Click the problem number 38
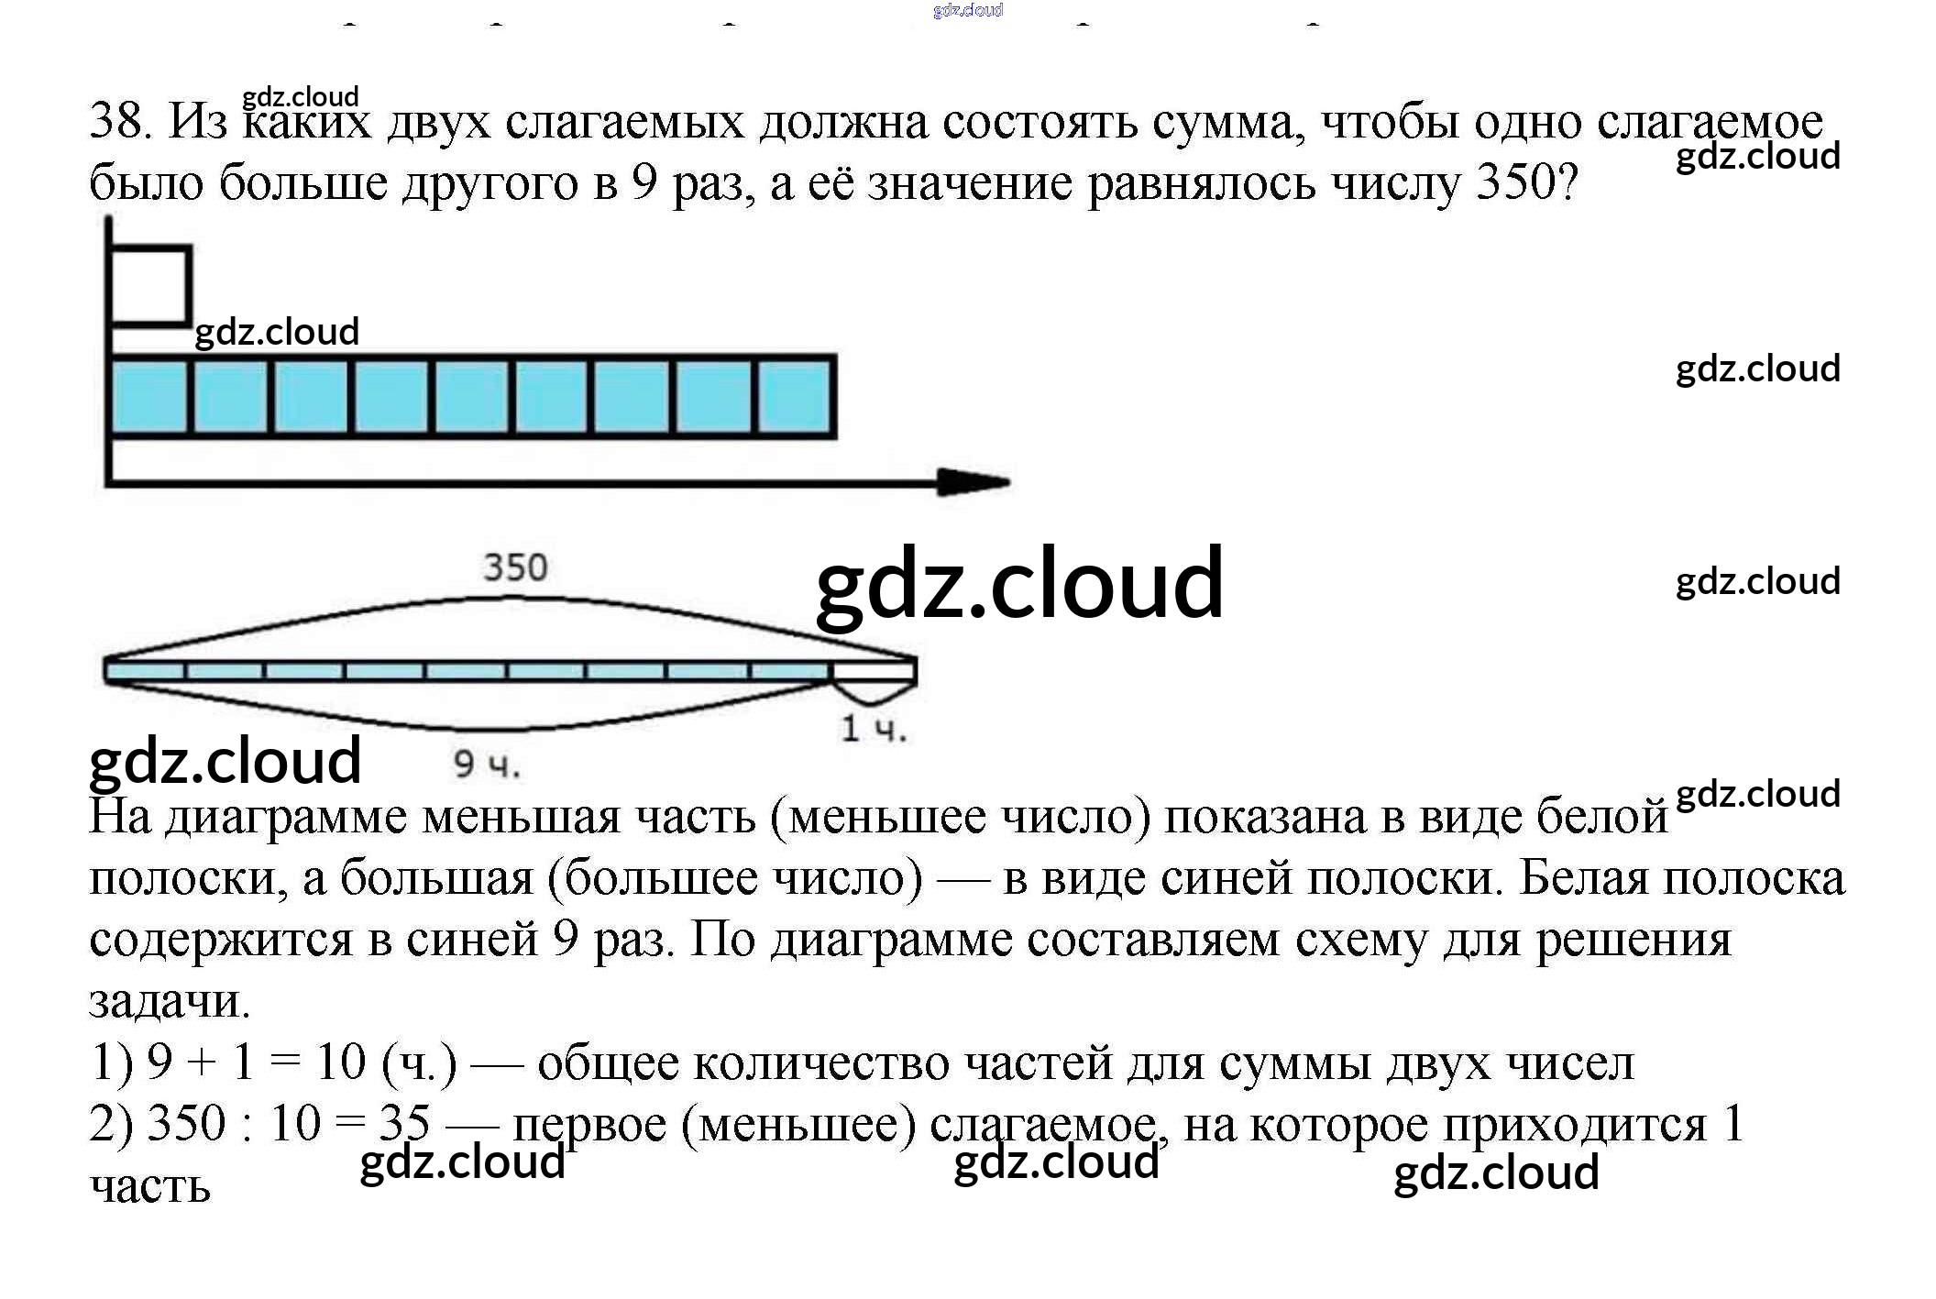pos(119,122)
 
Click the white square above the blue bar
pos(149,285)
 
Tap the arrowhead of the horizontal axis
pos(972,481)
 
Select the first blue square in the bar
pos(149,396)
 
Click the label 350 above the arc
pos(515,567)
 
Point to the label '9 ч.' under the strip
pos(487,764)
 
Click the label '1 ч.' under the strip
pos(874,729)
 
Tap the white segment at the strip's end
pos(874,671)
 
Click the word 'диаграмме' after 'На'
pos(285,818)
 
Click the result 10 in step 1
pos(340,1062)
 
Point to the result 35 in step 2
pos(404,1123)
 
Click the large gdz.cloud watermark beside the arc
pos(1018,584)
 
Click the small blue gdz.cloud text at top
pos(967,10)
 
